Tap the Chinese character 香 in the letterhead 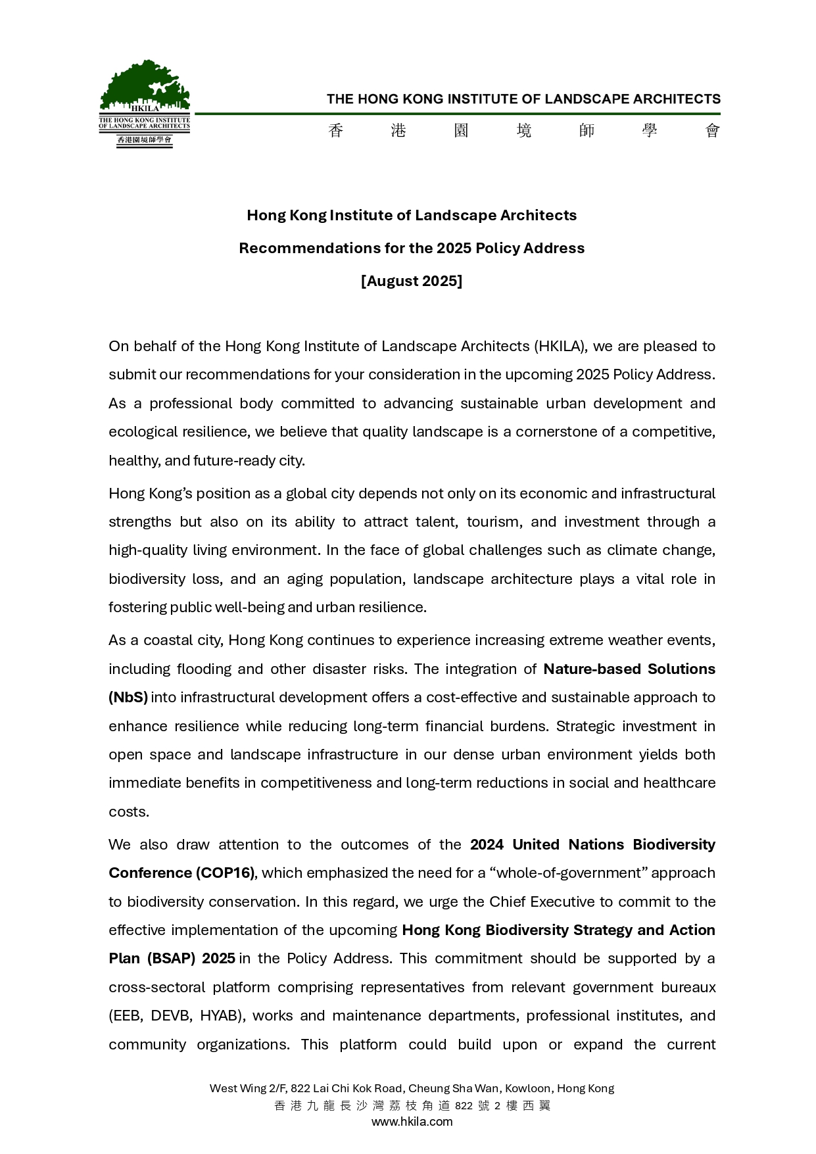coord(335,131)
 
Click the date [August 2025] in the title coord(412,281)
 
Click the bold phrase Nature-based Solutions coord(629,669)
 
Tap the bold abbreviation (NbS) coord(128,697)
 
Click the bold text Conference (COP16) coord(181,873)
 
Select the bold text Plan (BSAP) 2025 coord(172,958)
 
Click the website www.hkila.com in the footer coord(412,1122)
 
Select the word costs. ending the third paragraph coord(129,811)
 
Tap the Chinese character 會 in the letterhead coord(713,131)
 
